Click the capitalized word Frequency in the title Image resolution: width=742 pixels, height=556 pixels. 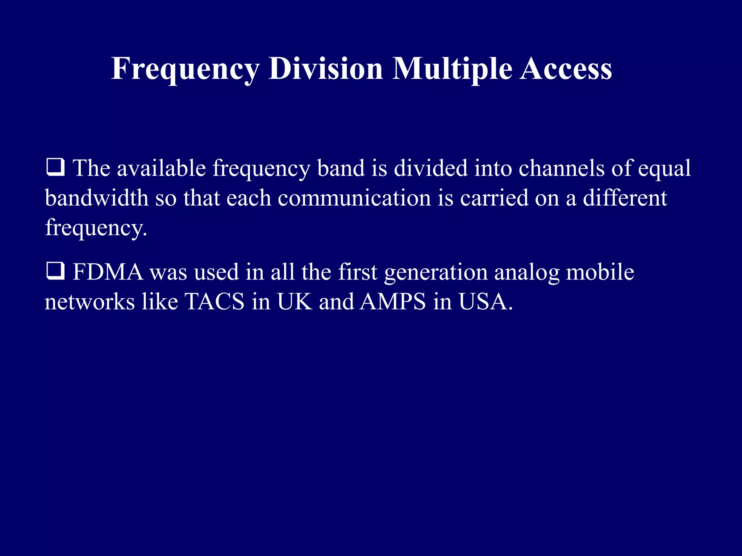pos(185,69)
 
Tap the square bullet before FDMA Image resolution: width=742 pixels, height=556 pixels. pos(55,271)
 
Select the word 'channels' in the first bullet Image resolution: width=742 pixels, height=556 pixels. pos(561,168)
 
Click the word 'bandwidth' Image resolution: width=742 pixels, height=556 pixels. pos(96,198)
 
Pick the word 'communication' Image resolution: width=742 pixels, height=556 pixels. pos(354,198)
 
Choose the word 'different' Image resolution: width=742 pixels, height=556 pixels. pos(625,198)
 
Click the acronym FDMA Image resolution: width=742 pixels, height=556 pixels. pos(108,272)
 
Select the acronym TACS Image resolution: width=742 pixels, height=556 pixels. pos(214,302)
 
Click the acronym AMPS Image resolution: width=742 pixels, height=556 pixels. pos(393,302)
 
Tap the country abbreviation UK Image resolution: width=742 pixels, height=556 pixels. pos(295,302)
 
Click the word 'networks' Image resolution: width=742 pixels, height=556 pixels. pos(89,302)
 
